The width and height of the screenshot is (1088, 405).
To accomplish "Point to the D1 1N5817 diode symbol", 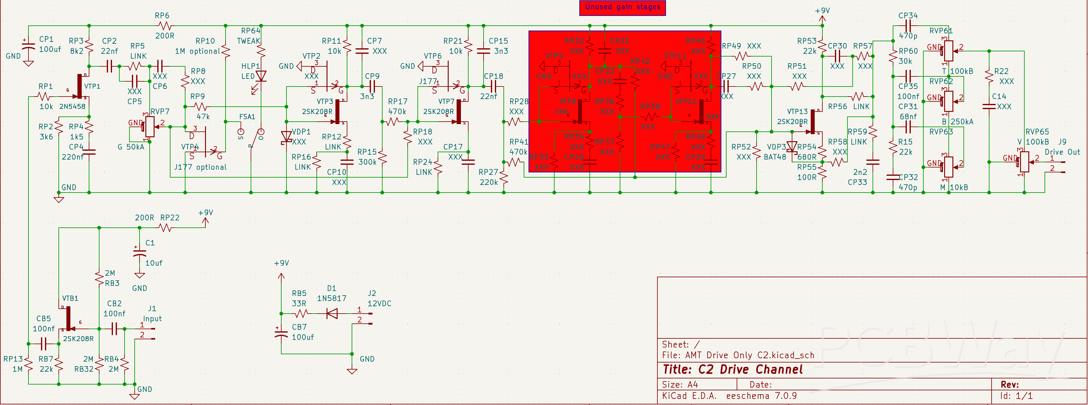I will pos(332,313).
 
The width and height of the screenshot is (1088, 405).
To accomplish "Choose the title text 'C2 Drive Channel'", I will pos(732,370).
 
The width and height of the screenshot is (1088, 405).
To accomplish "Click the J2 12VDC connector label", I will pos(379,299).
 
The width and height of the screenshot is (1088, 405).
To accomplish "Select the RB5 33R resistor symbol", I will pos(301,313).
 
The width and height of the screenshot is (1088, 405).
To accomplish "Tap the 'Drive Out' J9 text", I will pos(1062,152).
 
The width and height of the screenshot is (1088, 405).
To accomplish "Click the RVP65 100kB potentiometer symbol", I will pos(1024,162).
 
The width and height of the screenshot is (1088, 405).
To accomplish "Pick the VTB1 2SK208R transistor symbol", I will pos(69,319).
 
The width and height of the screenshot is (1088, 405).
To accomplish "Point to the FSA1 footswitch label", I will pos(247,117).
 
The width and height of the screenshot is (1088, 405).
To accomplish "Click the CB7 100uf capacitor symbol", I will pos(281,333).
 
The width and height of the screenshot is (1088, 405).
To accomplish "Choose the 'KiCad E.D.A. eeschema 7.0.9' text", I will pos(729,396).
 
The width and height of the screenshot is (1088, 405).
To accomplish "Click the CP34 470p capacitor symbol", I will pos(908,26).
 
